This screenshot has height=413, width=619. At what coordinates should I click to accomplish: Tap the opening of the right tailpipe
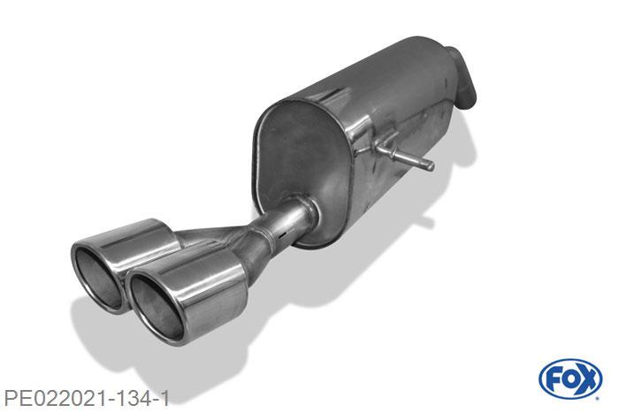(154, 293)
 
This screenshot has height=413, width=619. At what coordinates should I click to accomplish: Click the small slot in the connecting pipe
(281, 237)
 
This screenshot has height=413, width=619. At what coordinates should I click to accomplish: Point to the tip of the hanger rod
(430, 164)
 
